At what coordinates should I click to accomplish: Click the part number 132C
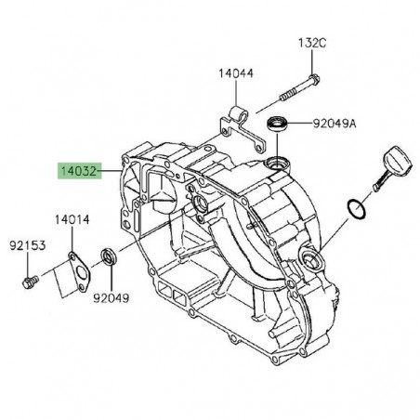pos(312,44)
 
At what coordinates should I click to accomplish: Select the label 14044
pos(236,72)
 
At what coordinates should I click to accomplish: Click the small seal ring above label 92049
pos(110,256)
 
